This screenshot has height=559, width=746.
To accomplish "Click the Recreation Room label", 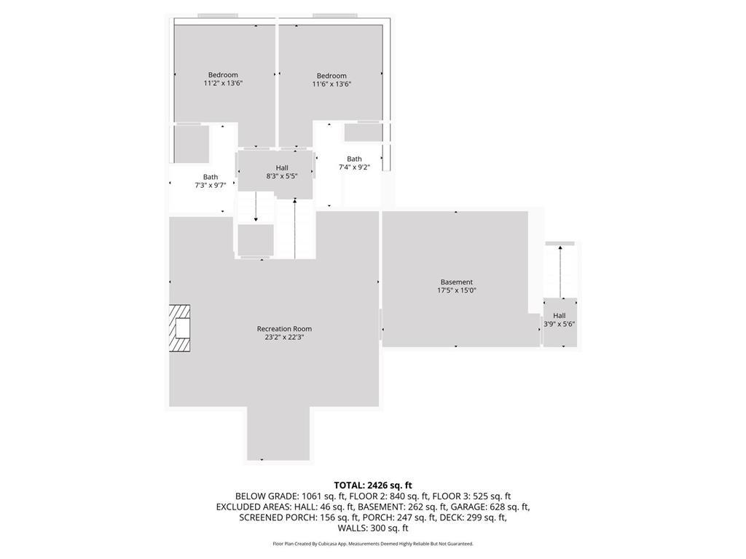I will tap(284, 329).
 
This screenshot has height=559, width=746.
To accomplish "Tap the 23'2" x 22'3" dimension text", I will tap(284, 337).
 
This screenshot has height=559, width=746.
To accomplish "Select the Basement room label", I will tap(457, 282).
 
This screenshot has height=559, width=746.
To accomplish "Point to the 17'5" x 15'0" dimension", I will tap(457, 290).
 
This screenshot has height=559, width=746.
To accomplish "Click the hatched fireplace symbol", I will tap(180, 329).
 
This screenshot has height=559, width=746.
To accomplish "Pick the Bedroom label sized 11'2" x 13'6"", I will tap(223, 75).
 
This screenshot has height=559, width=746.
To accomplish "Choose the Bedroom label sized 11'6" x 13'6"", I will tap(331, 76).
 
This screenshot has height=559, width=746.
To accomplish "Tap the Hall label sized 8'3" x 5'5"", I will tap(282, 168).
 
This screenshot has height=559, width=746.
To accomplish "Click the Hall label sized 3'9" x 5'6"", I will tap(559, 316).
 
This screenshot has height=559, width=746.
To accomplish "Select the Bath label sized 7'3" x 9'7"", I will tap(211, 177).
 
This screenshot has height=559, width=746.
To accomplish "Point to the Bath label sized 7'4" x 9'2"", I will tap(354, 159).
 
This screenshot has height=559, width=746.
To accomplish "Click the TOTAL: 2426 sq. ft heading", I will tap(373, 485).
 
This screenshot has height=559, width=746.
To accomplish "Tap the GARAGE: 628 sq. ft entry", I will tap(494, 507).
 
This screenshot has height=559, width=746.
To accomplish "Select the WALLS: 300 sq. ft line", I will tap(373, 528).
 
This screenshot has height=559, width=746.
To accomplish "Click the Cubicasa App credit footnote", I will tap(373, 544).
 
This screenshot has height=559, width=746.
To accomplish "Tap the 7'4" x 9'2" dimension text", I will tap(354, 167).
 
